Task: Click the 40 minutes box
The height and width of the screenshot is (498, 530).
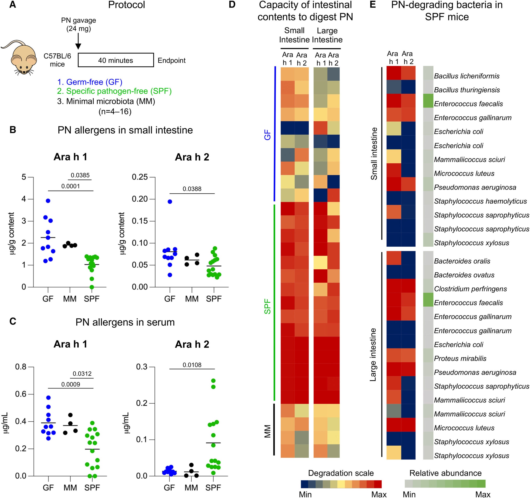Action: click(x=116, y=60)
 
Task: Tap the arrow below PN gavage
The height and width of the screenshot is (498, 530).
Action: click(x=78, y=42)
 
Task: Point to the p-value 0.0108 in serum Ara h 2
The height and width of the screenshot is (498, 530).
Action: click(x=192, y=365)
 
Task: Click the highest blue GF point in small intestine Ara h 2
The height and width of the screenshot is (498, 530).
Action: click(x=170, y=201)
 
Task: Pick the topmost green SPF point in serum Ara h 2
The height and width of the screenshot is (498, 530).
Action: click(x=213, y=380)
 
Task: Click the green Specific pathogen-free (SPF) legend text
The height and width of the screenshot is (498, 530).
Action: click(x=114, y=91)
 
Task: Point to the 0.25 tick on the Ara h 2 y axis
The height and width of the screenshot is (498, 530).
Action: click(x=140, y=177)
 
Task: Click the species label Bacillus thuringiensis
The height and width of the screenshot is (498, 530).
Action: click(x=467, y=90)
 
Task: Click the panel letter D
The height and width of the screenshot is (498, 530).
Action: click(x=232, y=5)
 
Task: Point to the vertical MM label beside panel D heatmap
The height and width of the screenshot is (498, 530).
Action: click(x=267, y=431)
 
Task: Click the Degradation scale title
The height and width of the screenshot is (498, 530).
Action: click(x=341, y=473)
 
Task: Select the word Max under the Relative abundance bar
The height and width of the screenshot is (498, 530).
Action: click(x=483, y=494)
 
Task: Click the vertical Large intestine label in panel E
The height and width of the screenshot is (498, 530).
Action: click(x=373, y=355)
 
